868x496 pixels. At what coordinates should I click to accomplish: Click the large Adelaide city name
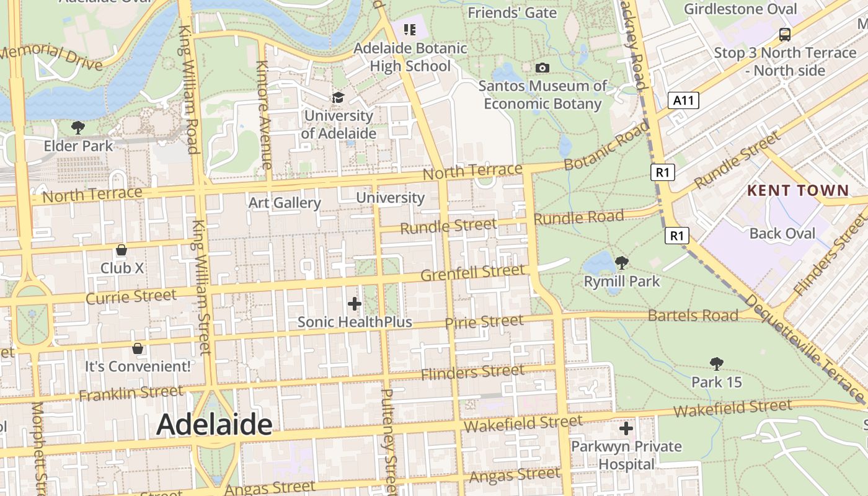click(x=214, y=425)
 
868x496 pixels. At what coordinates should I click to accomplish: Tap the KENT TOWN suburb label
click(x=797, y=190)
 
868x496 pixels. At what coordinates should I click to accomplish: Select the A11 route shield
click(x=684, y=100)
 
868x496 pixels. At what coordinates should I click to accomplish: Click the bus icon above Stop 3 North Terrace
click(x=785, y=34)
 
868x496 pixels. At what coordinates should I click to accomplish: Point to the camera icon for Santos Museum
click(x=542, y=68)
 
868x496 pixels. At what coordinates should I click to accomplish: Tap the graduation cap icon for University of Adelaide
click(x=338, y=97)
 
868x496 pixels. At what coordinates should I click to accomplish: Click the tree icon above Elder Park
click(x=78, y=128)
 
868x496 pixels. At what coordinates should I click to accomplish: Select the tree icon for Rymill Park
click(x=621, y=263)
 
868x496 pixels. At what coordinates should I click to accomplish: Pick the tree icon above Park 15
click(x=717, y=363)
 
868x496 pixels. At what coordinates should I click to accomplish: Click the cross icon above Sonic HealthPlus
click(x=355, y=304)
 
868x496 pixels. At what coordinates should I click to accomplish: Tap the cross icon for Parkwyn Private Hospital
click(x=626, y=428)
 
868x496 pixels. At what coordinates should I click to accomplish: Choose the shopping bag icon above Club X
click(x=122, y=250)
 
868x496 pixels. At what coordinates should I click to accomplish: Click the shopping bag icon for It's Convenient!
click(x=138, y=348)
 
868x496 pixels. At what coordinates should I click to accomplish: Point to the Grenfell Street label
click(x=472, y=273)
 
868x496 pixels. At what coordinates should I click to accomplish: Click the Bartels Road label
click(x=693, y=316)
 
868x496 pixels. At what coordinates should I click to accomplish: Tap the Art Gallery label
click(x=285, y=203)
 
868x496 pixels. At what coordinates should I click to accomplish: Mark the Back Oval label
click(x=782, y=233)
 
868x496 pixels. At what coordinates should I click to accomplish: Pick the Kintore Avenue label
click(x=263, y=115)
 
